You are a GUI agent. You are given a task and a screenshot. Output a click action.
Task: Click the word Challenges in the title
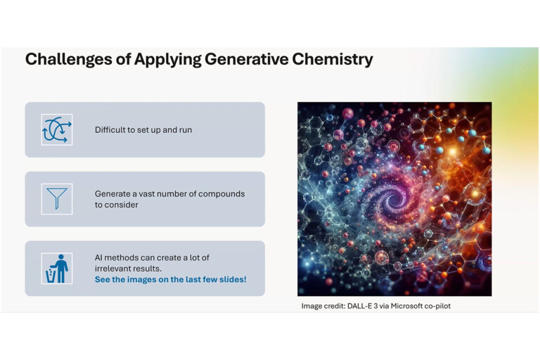tap(68, 59)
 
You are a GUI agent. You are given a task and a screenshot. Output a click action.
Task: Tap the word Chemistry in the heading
tap(333, 59)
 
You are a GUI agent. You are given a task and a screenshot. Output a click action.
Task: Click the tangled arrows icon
tap(57, 130)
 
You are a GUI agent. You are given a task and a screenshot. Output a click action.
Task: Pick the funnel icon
tap(57, 199)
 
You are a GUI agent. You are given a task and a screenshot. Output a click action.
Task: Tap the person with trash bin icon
tap(57, 269)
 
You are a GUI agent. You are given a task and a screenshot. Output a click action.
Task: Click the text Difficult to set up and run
tap(143, 130)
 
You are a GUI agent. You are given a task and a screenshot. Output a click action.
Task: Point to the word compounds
tap(221, 194)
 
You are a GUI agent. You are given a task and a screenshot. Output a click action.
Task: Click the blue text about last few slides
tap(170, 279)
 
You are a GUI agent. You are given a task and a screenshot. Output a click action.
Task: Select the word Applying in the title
tap(167, 59)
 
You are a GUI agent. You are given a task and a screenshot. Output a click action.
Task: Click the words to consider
tap(117, 205)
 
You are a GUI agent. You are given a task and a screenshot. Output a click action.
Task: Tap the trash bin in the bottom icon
tap(51, 276)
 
